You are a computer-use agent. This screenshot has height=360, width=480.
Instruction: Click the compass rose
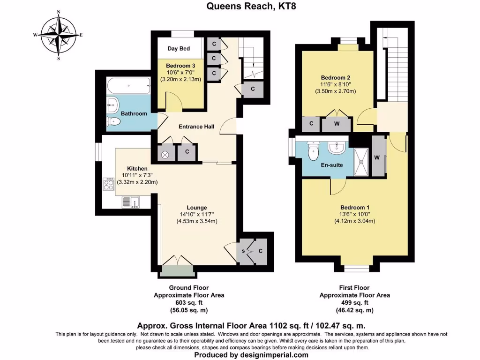(59, 35)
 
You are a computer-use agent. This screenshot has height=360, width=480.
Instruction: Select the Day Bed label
(178, 48)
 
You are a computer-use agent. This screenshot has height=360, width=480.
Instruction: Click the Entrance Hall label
(196, 127)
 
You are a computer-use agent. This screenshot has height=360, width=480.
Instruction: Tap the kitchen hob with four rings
(109, 185)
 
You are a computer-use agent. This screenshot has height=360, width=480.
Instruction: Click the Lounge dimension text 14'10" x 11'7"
(196, 214)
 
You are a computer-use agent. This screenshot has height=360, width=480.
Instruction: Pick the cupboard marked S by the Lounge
(244, 251)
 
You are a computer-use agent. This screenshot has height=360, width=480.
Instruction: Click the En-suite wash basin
(337, 148)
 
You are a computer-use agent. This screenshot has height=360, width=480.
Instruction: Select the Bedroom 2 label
(335, 78)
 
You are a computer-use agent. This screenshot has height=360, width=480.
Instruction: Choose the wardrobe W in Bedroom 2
(337, 124)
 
